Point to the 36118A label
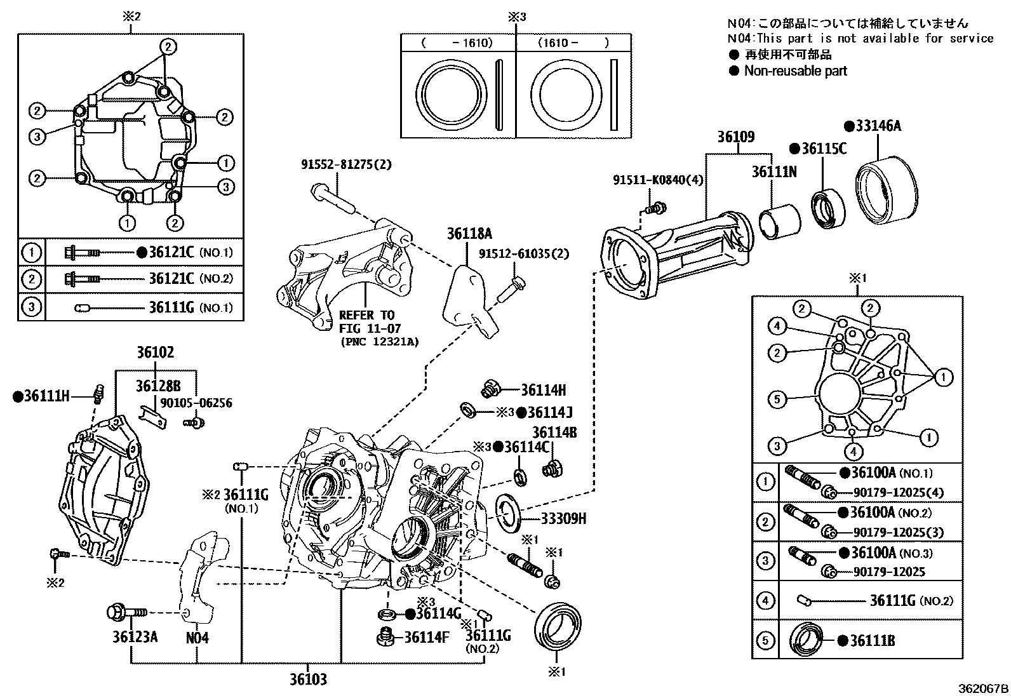pyautogui.click(x=469, y=233)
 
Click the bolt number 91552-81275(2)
pyautogui.click(x=346, y=164)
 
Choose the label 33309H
pyautogui.click(x=563, y=519)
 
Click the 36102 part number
pyautogui.click(x=155, y=352)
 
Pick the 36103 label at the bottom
pyautogui.click(x=308, y=680)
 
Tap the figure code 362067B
pyautogui.click(x=983, y=688)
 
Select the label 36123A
pyautogui.click(x=135, y=636)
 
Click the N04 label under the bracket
pyautogui.click(x=197, y=637)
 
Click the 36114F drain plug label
pyautogui.click(x=427, y=636)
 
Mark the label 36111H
pyautogui.click(x=46, y=396)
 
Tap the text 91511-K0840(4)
pyautogui.click(x=658, y=180)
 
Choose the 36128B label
pyautogui.click(x=157, y=386)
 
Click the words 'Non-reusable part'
pyautogui.click(x=795, y=71)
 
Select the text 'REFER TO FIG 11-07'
pyautogui.click(x=366, y=321)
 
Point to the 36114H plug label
pyautogui.click(x=543, y=391)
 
